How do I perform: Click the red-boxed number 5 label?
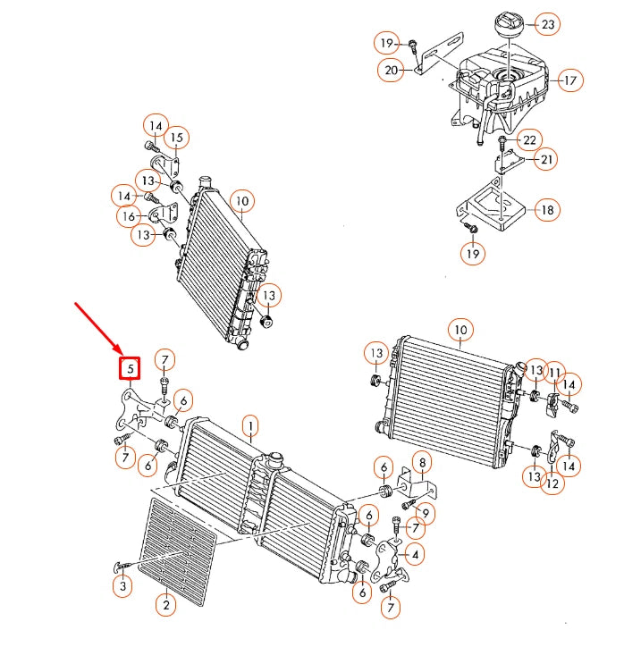[131, 367]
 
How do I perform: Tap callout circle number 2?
[164, 605]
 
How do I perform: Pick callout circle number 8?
[421, 462]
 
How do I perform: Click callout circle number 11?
[554, 373]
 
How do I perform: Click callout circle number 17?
[569, 80]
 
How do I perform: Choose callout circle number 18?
[547, 211]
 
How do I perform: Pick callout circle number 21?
[544, 159]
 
